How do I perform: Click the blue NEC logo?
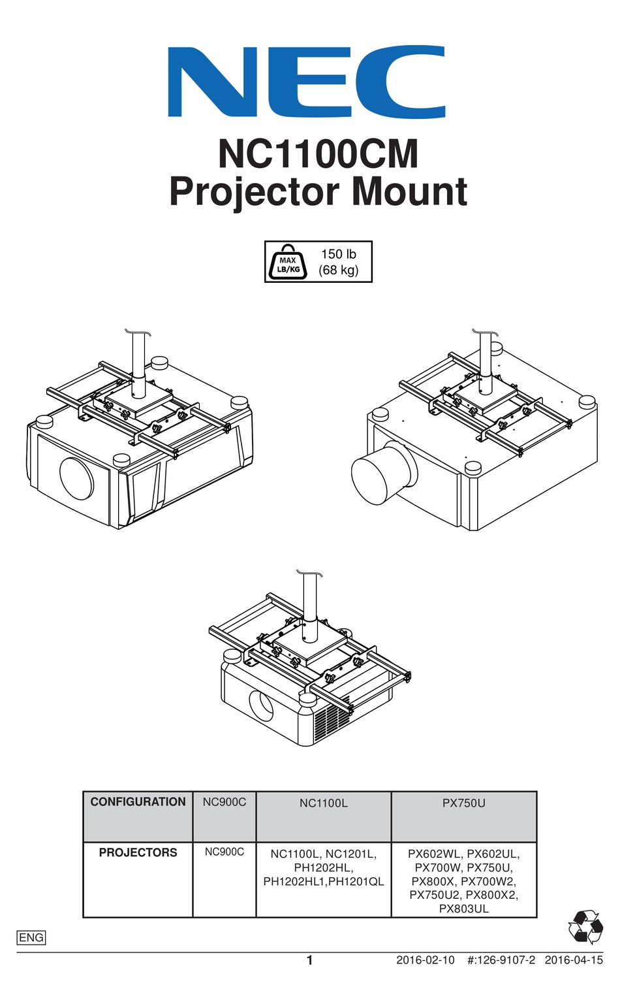coord(307,82)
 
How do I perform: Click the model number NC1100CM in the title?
coord(318,154)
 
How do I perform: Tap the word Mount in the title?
coord(409,191)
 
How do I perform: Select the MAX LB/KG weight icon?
coord(288,262)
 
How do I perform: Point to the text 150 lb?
coord(338,254)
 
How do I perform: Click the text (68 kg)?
coord(338,270)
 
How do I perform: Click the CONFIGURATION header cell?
coord(138,802)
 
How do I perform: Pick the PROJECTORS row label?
coord(138,852)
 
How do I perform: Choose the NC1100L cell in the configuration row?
coord(324,803)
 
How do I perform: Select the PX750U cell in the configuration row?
coord(463,803)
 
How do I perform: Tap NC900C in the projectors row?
coord(224,852)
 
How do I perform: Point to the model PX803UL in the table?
coord(463,909)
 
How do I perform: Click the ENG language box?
coord(31,937)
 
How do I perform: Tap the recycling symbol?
coord(585,926)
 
